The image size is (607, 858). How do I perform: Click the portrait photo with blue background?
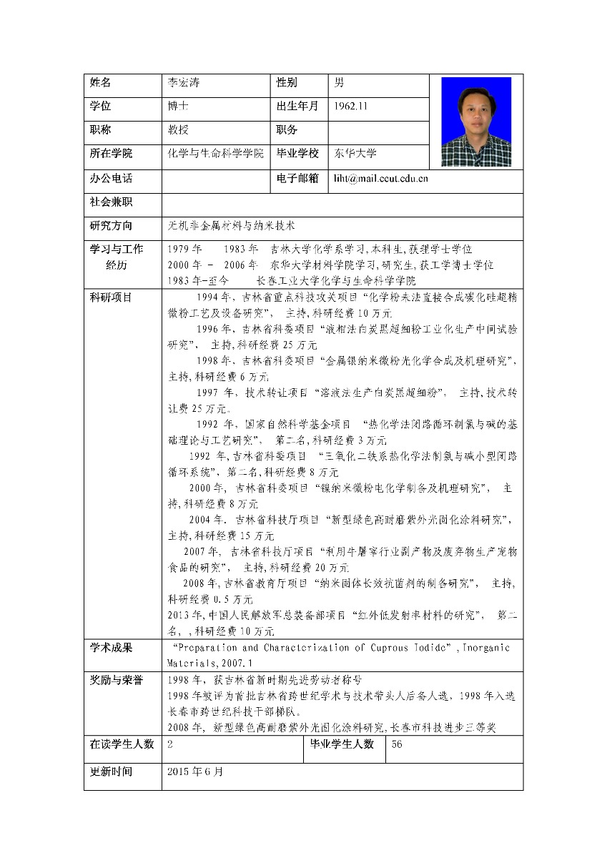click(476, 122)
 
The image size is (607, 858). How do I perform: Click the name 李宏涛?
click(179, 83)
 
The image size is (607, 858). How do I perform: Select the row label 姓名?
click(101, 83)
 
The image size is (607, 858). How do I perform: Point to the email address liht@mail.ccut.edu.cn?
click(380, 178)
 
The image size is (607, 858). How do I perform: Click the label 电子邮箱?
click(297, 178)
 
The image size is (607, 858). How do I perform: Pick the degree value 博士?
click(178, 107)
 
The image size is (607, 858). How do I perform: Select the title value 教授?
click(178, 130)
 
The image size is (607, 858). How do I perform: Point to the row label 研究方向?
click(111, 225)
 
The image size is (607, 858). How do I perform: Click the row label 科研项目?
click(111, 297)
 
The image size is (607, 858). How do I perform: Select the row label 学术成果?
click(111, 648)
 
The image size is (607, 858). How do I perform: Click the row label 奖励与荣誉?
click(116, 679)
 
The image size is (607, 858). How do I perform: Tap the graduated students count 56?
click(398, 744)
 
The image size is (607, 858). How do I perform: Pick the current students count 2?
click(170, 744)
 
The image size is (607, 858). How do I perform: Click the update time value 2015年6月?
click(194, 772)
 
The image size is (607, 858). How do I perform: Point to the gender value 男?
click(340, 83)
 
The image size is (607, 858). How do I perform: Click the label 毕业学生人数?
click(342, 744)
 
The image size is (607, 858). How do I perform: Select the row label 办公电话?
click(111, 178)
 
